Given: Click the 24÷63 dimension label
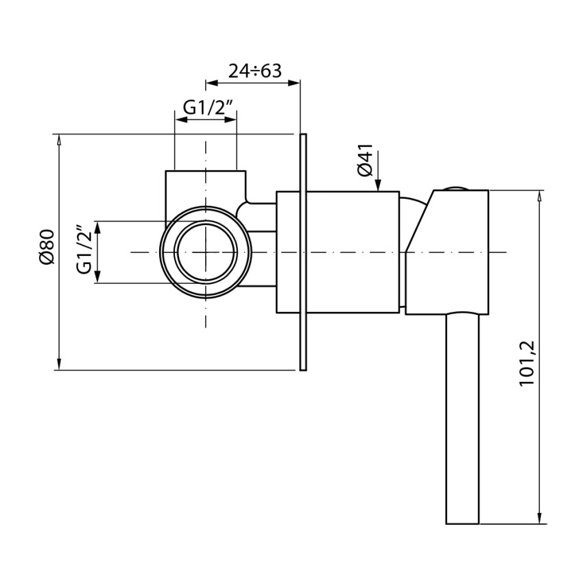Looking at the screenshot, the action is [254, 71].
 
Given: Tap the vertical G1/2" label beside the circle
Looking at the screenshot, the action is [84, 249].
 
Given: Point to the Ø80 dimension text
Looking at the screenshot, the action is [47, 247].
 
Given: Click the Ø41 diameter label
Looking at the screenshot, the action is [365, 160].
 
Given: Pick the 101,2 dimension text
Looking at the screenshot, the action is [527, 364].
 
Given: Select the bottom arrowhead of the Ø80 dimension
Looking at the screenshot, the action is [58, 364].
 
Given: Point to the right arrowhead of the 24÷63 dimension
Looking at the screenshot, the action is [294, 82].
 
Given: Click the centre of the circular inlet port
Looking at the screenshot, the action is [206, 252].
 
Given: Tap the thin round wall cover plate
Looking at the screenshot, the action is [303, 252].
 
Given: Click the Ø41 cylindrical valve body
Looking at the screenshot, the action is [337, 252].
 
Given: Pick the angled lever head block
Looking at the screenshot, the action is [447, 252].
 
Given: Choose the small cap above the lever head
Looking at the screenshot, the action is [457, 188].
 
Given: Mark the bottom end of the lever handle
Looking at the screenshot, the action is [462, 523].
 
